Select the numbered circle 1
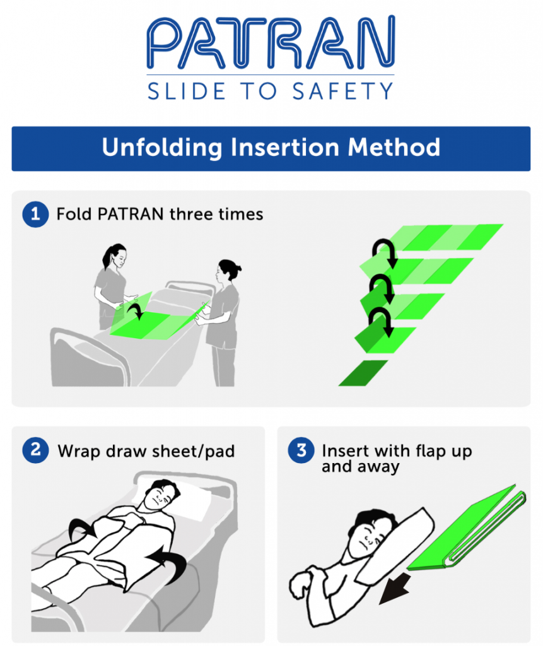pyautogui.click(x=35, y=214)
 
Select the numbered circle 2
pyautogui.click(x=35, y=450)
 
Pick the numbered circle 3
pyautogui.click(x=301, y=450)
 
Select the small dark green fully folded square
pyautogui.click(x=363, y=372)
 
